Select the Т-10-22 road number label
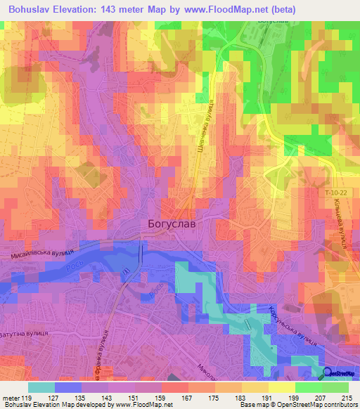337,192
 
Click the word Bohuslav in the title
31,9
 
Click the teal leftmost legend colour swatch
41,387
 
